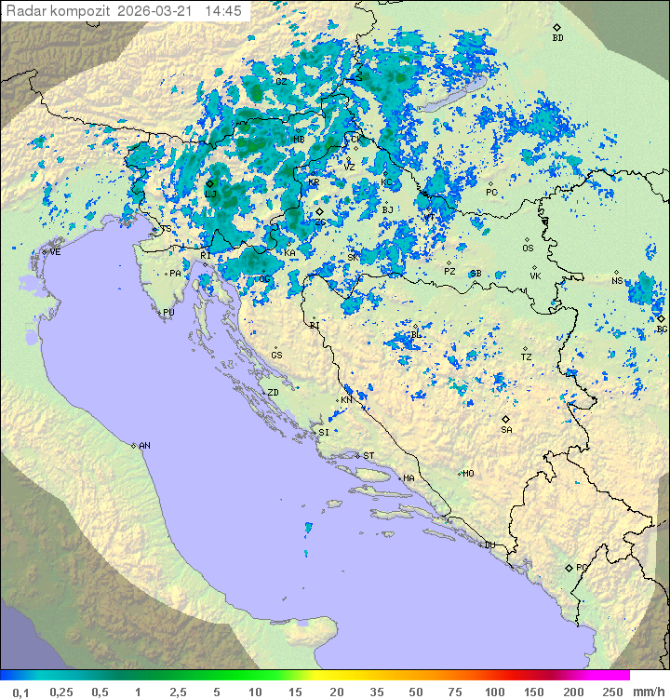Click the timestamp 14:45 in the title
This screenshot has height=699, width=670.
tap(223, 11)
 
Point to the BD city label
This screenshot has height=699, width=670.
tap(557, 38)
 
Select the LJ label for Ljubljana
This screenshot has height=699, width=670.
tap(211, 195)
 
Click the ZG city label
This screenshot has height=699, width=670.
tap(320, 222)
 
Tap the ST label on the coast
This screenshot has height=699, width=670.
tap(368, 456)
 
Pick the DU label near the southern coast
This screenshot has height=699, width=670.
tap(489, 545)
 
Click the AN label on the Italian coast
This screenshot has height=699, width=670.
tap(144, 446)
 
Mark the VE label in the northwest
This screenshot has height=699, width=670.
tap(55, 252)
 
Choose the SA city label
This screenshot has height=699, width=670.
tap(506, 430)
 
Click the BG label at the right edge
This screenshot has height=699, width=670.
tap(662, 329)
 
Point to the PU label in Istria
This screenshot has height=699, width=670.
tap(168, 313)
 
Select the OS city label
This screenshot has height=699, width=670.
tap(528, 249)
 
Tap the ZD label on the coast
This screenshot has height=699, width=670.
tap(273, 393)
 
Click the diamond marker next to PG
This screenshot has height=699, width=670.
tap(569, 567)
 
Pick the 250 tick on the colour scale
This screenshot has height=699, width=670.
tap(612, 692)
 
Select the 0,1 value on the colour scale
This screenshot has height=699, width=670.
tap(20, 692)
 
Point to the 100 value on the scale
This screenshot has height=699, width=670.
tap(494, 692)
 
